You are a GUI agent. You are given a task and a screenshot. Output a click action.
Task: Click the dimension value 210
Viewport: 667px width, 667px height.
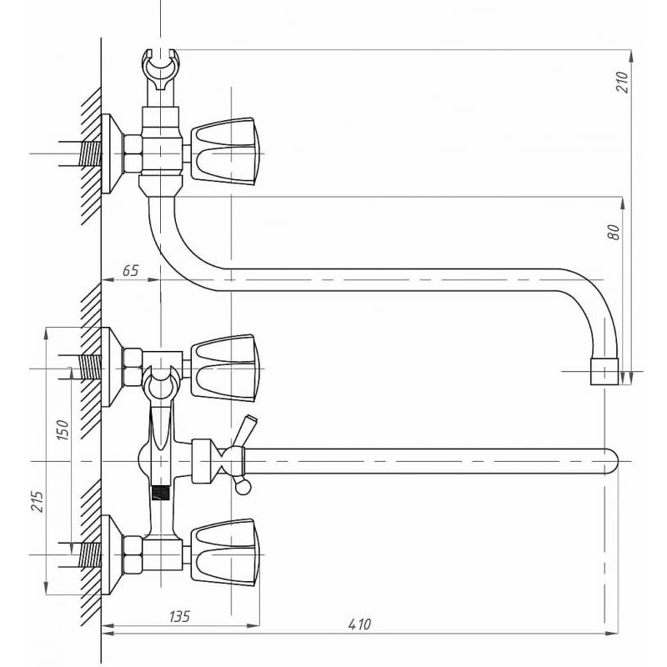click(622, 82)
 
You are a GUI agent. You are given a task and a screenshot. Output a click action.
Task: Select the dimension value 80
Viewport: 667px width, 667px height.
click(614, 233)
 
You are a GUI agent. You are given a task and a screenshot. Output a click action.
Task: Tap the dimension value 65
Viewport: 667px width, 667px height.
click(131, 270)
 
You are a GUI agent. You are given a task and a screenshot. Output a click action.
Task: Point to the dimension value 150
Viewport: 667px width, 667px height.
click(62, 429)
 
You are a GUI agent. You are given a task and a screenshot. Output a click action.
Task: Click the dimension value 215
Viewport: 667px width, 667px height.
click(38, 502)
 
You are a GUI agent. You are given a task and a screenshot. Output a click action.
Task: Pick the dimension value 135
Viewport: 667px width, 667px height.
click(179, 616)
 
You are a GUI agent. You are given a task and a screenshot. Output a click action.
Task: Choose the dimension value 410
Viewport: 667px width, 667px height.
click(359, 624)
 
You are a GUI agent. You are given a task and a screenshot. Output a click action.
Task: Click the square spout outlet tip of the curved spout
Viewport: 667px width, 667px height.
click(604, 372)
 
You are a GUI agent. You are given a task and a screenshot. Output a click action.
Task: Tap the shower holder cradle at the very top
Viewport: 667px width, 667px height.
click(160, 70)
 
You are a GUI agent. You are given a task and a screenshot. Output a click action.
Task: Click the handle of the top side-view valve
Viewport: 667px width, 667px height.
click(224, 152)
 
